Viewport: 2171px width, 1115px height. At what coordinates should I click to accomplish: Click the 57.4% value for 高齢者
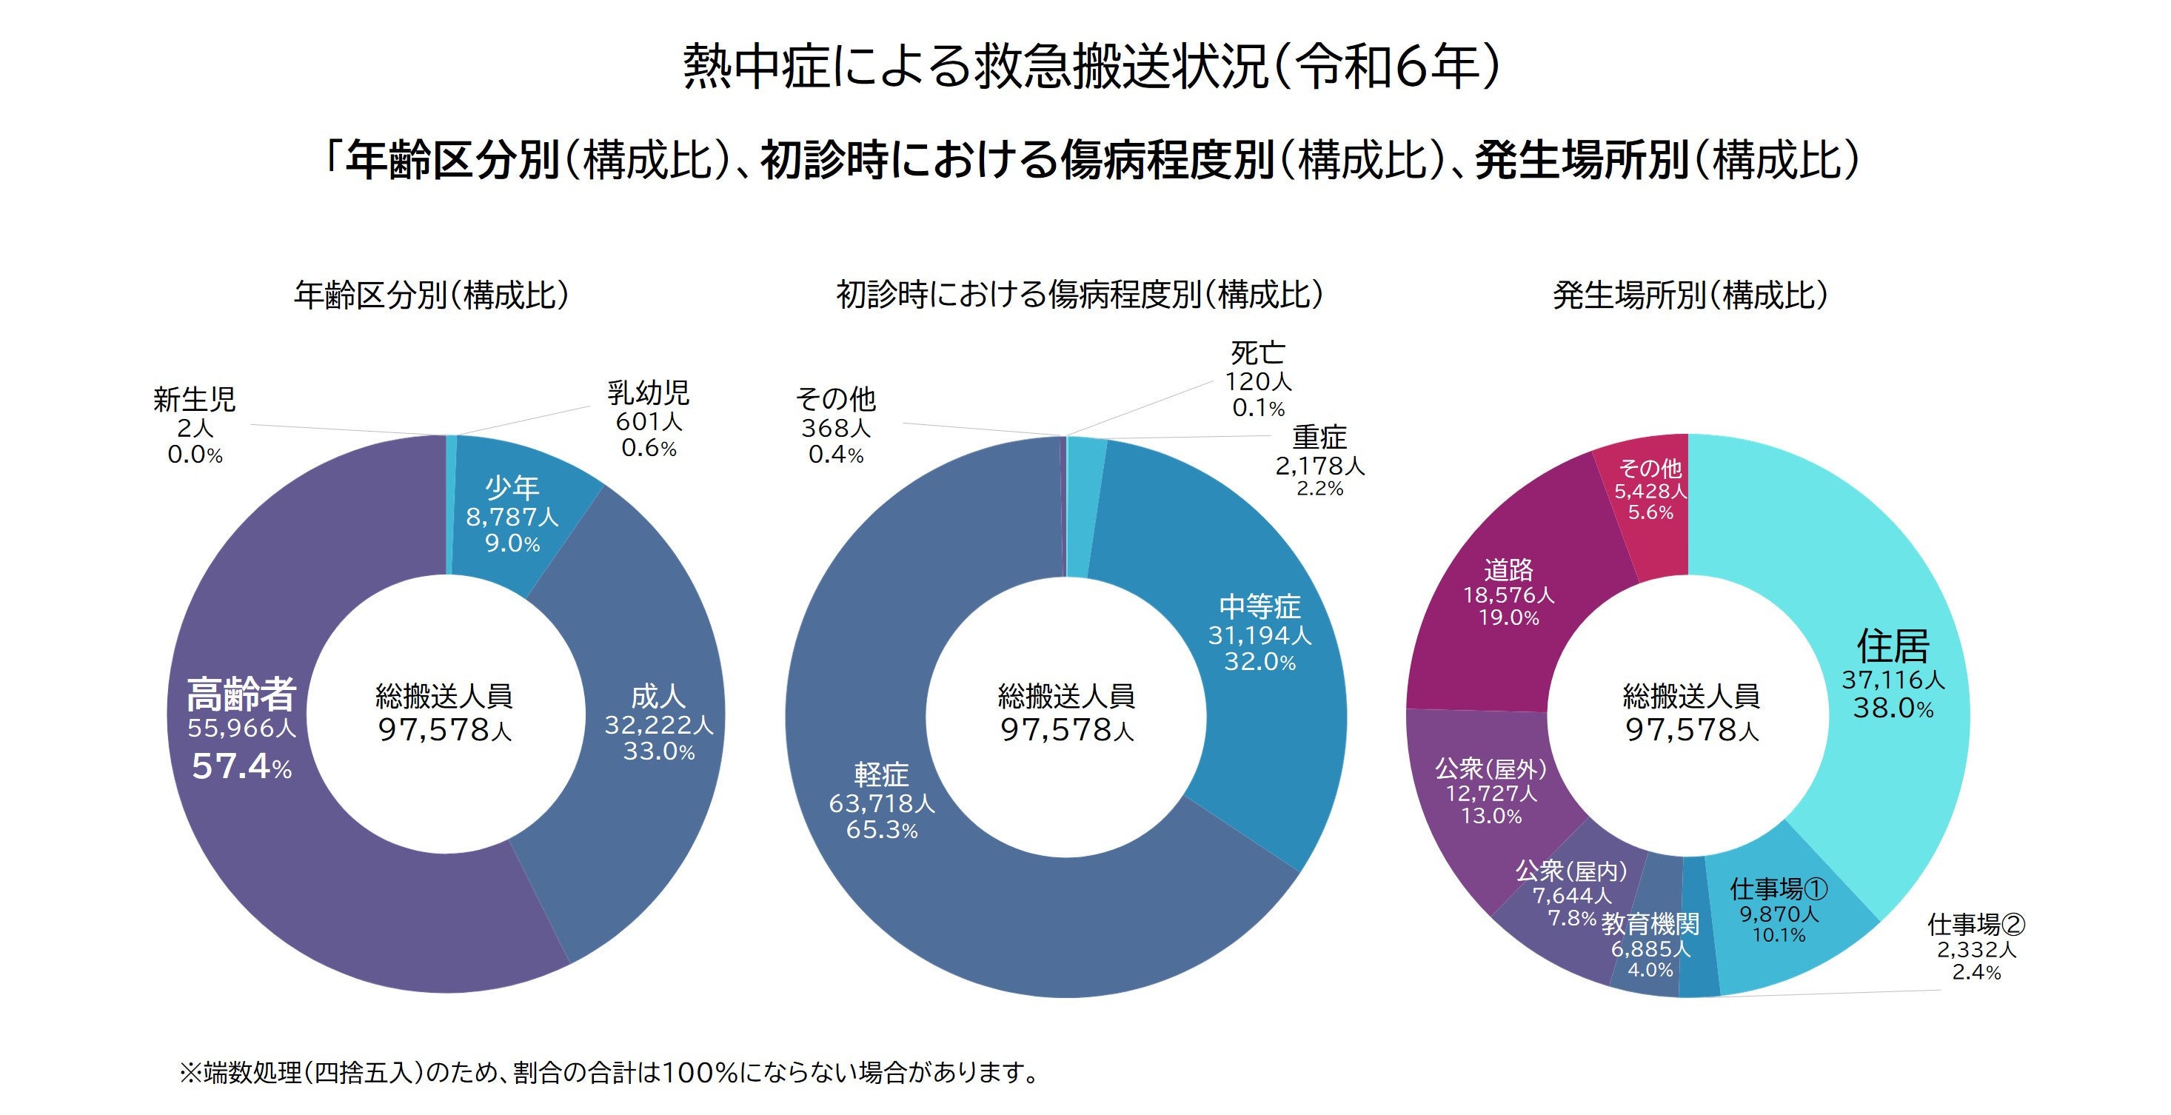(x=241, y=766)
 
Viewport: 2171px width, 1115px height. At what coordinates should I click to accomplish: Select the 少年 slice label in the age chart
(x=512, y=488)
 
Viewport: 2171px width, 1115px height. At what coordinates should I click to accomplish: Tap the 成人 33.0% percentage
(x=658, y=751)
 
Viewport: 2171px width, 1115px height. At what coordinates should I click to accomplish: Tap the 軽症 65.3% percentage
(x=882, y=829)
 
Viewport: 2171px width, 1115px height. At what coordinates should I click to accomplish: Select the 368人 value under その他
(x=835, y=428)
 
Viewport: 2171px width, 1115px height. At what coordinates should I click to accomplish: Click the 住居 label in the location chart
(x=1892, y=646)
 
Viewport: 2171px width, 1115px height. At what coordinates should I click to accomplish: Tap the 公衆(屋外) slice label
(x=1490, y=769)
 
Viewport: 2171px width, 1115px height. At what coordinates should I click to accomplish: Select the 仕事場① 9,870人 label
(x=1779, y=913)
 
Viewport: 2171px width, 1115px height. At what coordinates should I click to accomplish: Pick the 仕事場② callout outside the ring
(x=1976, y=925)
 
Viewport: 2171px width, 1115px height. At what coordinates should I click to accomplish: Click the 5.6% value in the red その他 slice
(x=1650, y=512)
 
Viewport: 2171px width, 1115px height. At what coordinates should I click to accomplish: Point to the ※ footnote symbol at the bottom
(x=190, y=1073)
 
